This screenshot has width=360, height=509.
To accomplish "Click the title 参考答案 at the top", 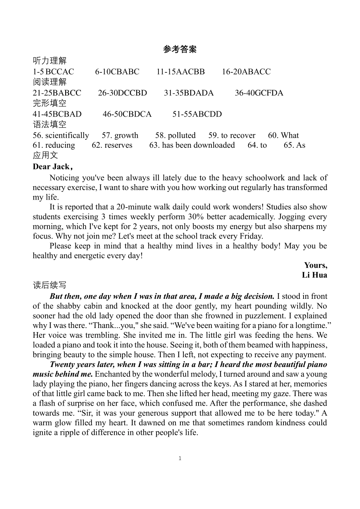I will [180, 50].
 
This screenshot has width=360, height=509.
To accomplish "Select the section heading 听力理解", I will [50, 61].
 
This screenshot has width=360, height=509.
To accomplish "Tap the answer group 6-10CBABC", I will [117, 72].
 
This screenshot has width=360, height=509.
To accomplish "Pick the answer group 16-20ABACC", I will [246, 72].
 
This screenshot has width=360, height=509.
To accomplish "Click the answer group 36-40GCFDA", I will [259, 93].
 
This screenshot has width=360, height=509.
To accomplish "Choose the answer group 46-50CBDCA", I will [127, 114].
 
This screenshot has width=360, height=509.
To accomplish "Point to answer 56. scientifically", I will [61, 135].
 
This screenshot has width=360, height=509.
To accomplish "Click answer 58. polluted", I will [175, 135].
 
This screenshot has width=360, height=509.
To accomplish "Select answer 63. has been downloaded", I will [192, 145].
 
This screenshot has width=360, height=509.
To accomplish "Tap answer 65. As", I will [294, 145].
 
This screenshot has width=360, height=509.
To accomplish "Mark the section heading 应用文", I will [45, 155].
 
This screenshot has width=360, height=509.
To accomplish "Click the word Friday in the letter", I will [250, 236].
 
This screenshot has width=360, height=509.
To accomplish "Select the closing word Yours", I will [315, 265].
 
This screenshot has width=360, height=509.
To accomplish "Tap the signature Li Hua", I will [314, 275].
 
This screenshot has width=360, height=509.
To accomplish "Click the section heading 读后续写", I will [50, 285].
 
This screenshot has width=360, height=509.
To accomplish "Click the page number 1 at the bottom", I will [180, 458].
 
